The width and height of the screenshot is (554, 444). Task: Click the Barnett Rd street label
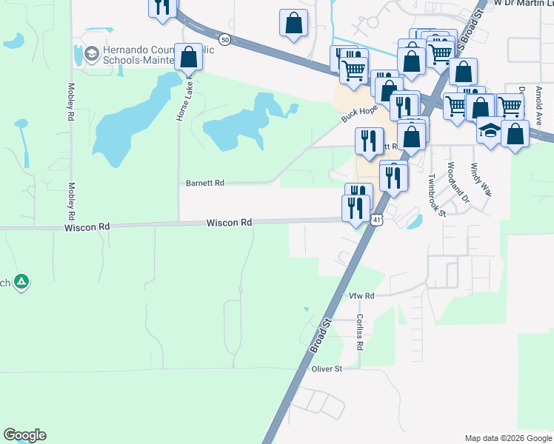[x=204, y=183]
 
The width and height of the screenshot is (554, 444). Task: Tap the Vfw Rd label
[x=362, y=295]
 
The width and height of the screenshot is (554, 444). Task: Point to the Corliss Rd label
[x=359, y=331]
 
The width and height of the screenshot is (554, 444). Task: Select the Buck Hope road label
[x=358, y=113]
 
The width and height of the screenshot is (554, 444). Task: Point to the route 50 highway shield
[x=224, y=38]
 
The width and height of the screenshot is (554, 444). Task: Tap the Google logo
[x=24, y=435]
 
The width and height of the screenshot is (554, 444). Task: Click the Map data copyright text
[x=508, y=438]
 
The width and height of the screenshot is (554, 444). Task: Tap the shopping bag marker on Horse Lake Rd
[x=189, y=58]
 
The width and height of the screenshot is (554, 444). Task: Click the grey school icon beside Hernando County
[x=92, y=53]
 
